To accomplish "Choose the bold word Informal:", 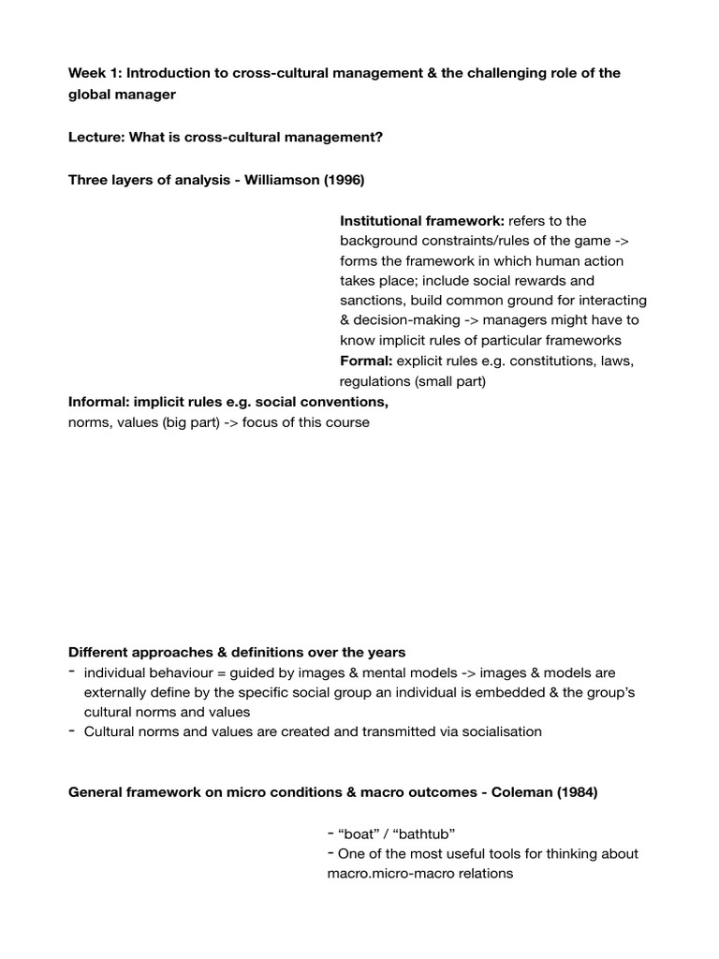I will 100,402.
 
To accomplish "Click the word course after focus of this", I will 347,422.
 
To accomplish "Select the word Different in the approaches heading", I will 98,652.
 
